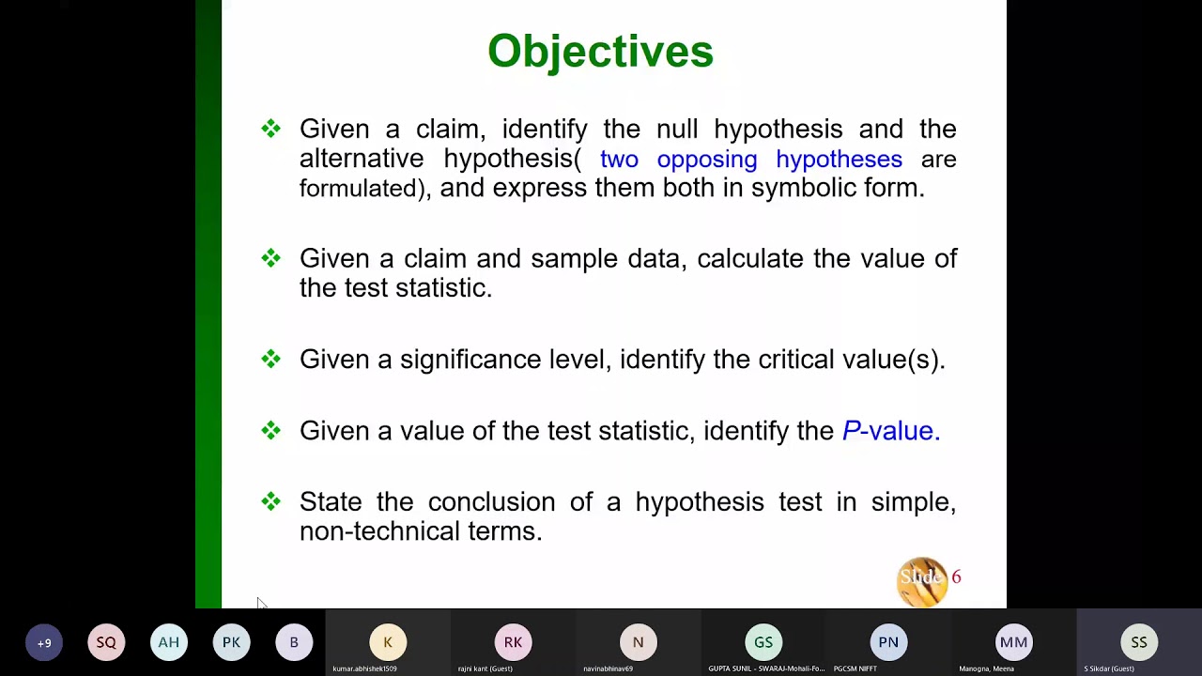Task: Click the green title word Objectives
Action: [x=600, y=52]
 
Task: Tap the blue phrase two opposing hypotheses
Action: [x=750, y=159]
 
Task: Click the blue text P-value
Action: [x=890, y=431]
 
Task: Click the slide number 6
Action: [x=956, y=577]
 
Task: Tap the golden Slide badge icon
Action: [x=921, y=581]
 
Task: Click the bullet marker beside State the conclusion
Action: [x=271, y=502]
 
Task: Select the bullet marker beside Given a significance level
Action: [x=271, y=360]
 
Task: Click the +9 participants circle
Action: [x=44, y=643]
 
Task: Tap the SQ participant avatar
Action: [x=106, y=642]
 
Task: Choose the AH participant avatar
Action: [x=169, y=642]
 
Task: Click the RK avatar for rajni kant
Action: [x=513, y=642]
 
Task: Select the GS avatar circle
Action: [x=763, y=642]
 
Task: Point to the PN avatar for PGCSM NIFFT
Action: [x=888, y=642]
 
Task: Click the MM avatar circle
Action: [x=1013, y=642]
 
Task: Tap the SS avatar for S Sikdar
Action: [x=1139, y=642]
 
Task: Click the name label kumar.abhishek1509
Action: [x=364, y=668]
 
